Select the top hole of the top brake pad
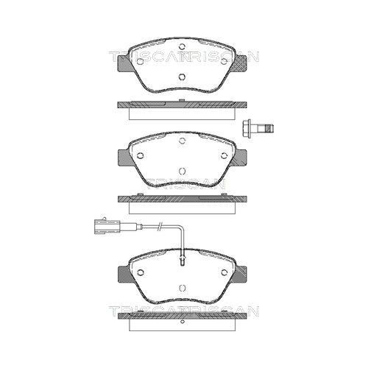182,53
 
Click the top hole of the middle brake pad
182,144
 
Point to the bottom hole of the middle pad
182,174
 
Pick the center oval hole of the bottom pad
182,287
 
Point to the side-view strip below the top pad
182,107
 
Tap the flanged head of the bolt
249,128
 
